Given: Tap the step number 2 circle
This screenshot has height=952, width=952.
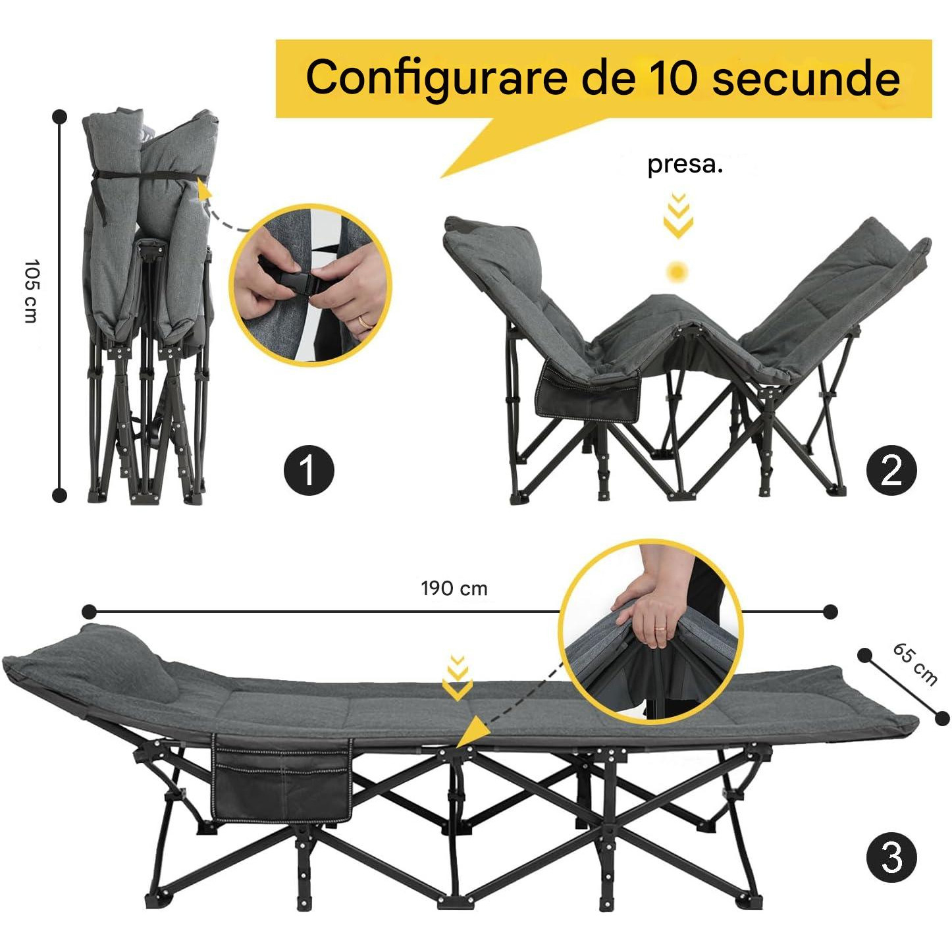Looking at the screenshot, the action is pos(891,470).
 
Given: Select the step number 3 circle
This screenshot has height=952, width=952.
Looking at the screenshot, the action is pos(891,857).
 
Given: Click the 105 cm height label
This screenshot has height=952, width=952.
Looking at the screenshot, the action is pos(31,291).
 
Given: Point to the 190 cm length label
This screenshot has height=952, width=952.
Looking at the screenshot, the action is pos(454,589).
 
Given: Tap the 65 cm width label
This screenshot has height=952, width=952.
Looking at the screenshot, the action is pos(915,665).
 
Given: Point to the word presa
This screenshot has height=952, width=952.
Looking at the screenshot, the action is pos(685,165).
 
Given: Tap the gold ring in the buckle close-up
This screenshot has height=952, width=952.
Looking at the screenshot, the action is pos(365,321).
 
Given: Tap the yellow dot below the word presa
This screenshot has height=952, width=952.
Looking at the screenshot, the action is pos(677,271).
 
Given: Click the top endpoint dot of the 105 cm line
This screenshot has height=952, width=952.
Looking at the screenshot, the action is pos(60,117).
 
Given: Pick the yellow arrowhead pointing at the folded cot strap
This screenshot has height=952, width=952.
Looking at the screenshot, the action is pos(204,188).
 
